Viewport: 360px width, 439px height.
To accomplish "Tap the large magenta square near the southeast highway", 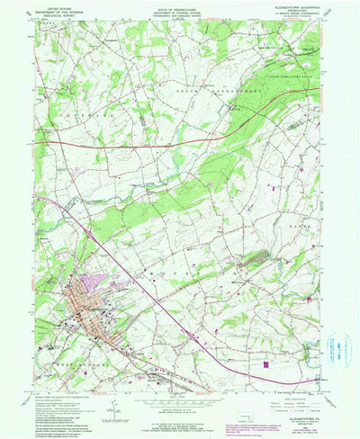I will pyautogui.click(x=266, y=364).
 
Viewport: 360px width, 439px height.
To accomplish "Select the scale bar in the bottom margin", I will pyautogui.click(x=179, y=407).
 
